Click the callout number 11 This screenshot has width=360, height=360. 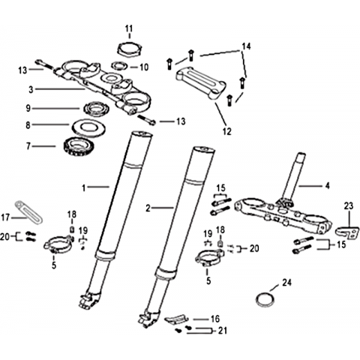(129, 29)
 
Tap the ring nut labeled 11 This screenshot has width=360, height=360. (130, 49)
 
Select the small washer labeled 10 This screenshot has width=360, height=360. (120, 66)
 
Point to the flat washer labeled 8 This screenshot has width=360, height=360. (88, 127)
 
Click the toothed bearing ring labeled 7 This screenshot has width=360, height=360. (78, 148)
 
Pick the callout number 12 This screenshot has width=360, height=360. (227, 131)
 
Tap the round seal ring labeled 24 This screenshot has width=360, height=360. (265, 299)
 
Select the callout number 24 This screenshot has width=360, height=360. (286, 283)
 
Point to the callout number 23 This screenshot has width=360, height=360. (349, 206)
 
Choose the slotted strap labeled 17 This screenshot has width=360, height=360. (28, 213)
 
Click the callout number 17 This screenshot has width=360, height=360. (6, 217)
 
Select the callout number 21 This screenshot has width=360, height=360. (223, 331)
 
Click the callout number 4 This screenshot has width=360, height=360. (327, 186)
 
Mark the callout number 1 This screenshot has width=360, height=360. (84, 187)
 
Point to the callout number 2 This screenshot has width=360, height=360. (148, 208)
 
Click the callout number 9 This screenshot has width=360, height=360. (28, 108)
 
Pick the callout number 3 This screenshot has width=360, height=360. (31, 89)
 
